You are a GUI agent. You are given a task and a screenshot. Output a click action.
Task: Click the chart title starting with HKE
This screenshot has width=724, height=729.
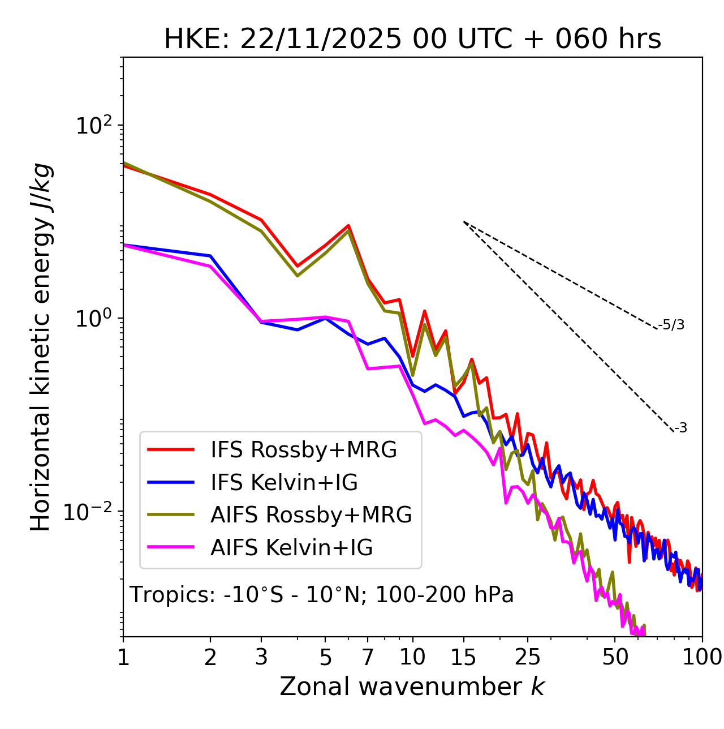[412, 40]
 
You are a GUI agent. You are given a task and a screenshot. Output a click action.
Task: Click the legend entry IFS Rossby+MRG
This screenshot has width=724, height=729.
[303, 450]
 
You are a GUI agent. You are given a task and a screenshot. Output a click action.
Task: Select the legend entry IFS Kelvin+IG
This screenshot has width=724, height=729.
[284, 483]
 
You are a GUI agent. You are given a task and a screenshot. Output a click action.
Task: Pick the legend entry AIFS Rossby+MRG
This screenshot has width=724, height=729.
[311, 515]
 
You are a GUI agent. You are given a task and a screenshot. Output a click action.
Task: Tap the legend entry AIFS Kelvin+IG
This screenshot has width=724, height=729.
[291, 548]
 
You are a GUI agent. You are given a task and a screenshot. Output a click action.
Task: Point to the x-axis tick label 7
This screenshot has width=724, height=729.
[368, 657]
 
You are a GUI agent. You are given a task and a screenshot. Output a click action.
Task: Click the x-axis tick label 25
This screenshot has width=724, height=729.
[528, 657]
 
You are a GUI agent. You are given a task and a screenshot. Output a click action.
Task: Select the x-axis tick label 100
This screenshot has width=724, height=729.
[701, 657]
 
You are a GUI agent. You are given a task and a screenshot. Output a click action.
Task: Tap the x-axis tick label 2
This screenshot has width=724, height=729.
[210, 657]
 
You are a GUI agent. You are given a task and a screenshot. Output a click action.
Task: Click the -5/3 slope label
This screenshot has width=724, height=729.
[671, 325]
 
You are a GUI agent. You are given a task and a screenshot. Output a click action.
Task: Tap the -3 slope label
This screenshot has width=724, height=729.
[680, 428]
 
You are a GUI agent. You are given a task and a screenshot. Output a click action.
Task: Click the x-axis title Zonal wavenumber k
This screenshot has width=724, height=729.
[412, 687]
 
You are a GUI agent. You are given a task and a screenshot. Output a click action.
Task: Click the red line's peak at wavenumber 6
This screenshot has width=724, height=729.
[348, 225]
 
